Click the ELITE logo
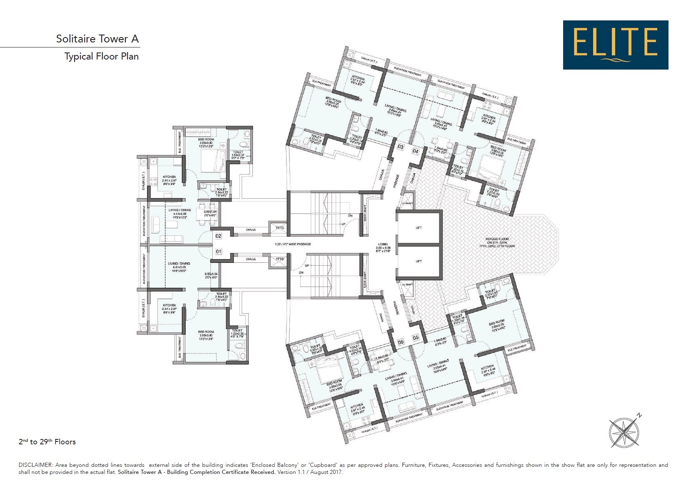(615, 45)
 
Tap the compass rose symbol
(624, 432)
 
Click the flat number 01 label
(218, 252)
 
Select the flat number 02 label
(218, 236)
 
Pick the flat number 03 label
(400, 147)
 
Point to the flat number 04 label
(415, 151)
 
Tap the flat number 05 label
(416, 338)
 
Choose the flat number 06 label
(401, 342)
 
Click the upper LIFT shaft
(419, 228)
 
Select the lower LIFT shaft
(419, 261)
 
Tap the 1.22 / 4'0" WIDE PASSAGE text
(293, 244)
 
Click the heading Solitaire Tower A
(97, 39)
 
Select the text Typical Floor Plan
(101, 56)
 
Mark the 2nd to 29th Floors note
(47, 442)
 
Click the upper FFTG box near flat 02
(279, 228)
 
